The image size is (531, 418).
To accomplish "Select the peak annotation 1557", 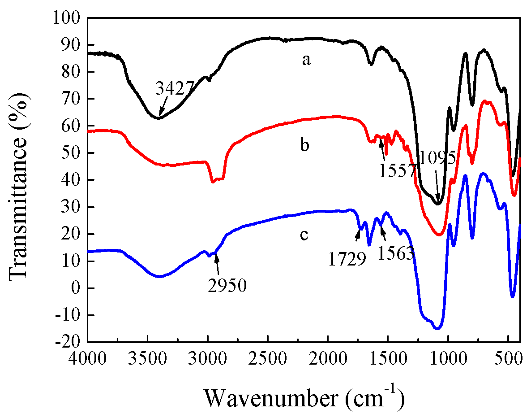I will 398,170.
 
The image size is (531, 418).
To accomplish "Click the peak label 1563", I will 395,254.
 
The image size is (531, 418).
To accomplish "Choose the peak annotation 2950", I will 227,286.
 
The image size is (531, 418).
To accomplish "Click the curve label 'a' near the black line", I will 306,60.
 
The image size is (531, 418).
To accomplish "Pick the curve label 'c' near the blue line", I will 304,234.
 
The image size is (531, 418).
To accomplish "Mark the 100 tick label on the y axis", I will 67,18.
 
